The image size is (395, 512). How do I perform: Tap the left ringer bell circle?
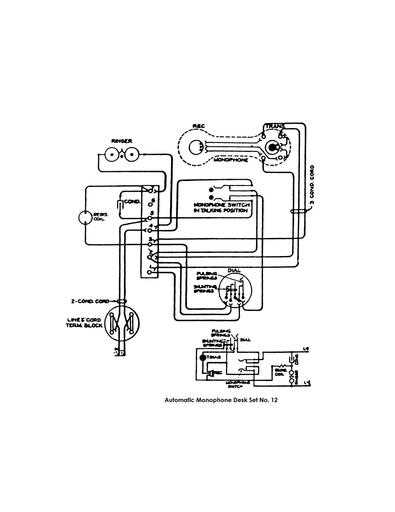point(107,156)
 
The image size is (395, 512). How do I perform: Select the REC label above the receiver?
point(198,127)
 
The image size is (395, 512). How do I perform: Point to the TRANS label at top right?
point(272,129)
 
